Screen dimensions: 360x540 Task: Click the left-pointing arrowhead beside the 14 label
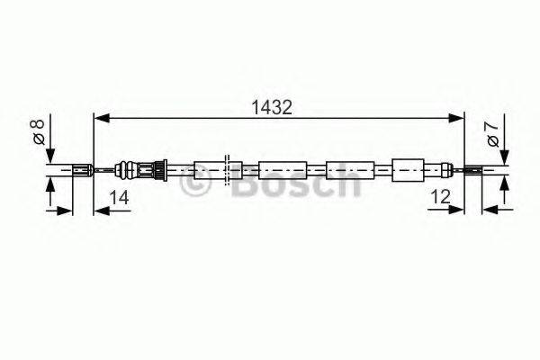coord(100,211)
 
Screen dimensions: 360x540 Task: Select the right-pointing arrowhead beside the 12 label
coord(456,211)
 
